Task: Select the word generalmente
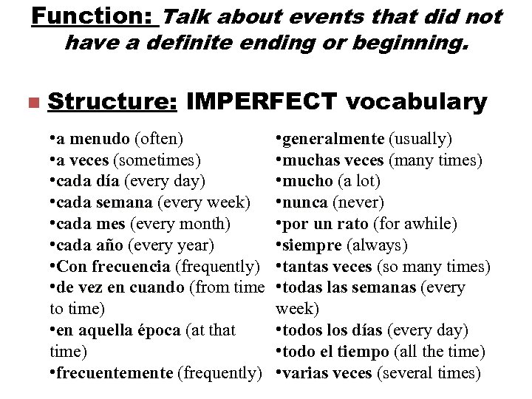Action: (333, 138)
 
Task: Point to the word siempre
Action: (312, 245)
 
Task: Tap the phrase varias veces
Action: (327, 373)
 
